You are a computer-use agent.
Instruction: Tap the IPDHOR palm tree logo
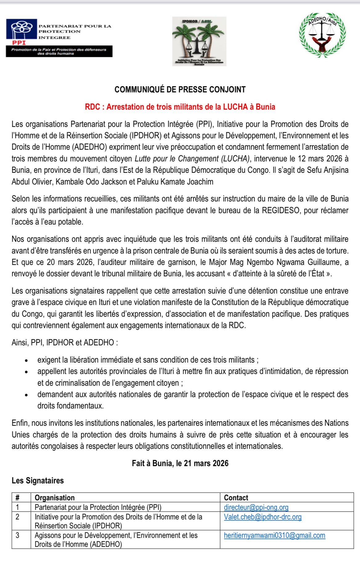coord(199,41)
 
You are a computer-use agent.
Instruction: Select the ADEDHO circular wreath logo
coord(322,35)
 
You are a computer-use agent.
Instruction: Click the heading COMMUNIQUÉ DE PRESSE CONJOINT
coord(180,90)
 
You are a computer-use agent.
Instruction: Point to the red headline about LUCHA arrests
coord(180,107)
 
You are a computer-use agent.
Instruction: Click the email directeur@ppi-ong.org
coord(256,507)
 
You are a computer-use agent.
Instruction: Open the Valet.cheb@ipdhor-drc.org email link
coord(262,517)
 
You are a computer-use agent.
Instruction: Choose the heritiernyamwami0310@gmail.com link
coord(274,535)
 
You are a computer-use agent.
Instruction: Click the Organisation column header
coord(55,498)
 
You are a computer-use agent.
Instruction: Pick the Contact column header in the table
coord(236,498)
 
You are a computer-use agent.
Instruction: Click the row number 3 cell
coord(18,535)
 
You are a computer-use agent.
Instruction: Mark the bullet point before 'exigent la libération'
coord(27,360)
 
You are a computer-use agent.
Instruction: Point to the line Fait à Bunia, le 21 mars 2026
coord(180,463)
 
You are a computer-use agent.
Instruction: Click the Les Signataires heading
coord(38,480)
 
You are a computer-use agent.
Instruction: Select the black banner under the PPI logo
coord(59,51)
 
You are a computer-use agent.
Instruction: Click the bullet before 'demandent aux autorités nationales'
coord(27,395)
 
